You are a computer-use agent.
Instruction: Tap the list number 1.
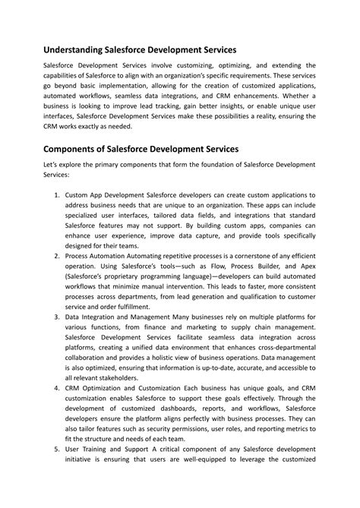point(57,195)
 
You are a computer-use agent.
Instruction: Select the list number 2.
point(57,256)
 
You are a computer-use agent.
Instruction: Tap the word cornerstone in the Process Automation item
point(245,256)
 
